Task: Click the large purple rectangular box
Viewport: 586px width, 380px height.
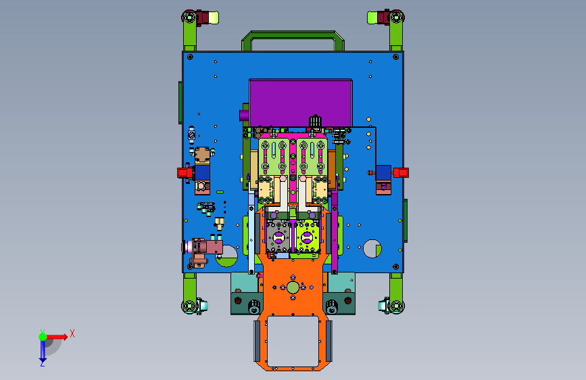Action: pos(301,103)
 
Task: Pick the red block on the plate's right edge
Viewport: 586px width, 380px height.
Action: pos(401,172)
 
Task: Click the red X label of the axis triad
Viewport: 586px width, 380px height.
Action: pos(72,333)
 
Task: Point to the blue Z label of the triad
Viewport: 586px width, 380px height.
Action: pos(43,363)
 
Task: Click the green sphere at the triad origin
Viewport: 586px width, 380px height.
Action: pos(43,337)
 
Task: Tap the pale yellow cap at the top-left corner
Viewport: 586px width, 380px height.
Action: pos(214,18)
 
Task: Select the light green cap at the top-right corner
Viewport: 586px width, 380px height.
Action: pos(372,18)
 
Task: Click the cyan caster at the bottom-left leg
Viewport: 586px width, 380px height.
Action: pos(203,306)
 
